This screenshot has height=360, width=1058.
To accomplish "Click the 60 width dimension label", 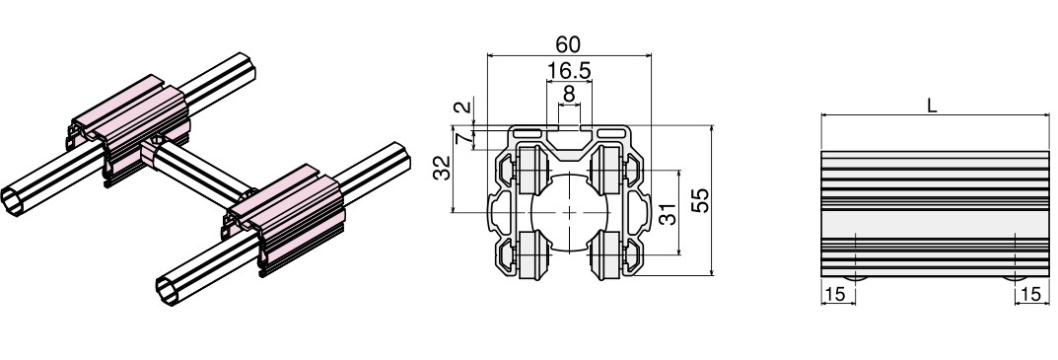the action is click(568, 44).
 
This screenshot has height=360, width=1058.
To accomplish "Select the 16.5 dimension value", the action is click(569, 70).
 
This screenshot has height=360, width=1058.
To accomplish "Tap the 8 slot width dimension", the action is click(569, 94).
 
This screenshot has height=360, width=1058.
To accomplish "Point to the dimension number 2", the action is click(462, 107).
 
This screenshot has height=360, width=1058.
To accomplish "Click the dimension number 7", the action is click(462, 138).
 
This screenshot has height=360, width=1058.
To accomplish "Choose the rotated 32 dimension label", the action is click(442, 169).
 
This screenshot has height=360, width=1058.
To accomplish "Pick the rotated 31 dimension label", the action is click(667, 215).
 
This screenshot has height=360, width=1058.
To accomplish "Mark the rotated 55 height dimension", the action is click(702, 200).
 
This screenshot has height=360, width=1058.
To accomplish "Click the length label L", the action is click(933, 106).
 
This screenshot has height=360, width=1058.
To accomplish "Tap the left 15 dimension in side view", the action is click(834, 295).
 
